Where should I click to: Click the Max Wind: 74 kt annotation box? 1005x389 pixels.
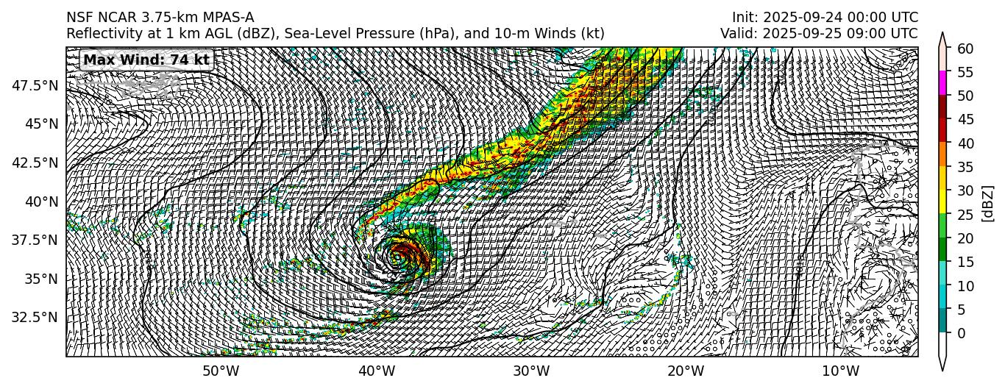pos(146,60)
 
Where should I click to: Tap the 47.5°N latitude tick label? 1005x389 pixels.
pos(35,85)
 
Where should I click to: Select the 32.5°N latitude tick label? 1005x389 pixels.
pos(35,318)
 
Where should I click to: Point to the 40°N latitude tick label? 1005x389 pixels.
pos(41,201)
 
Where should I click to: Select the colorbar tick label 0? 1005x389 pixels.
pos(960,333)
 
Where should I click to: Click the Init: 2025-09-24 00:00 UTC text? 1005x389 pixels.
pos(824,18)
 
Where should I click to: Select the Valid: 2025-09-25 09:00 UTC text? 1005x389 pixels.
pos(819,34)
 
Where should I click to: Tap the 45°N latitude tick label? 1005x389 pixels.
pos(41,124)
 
